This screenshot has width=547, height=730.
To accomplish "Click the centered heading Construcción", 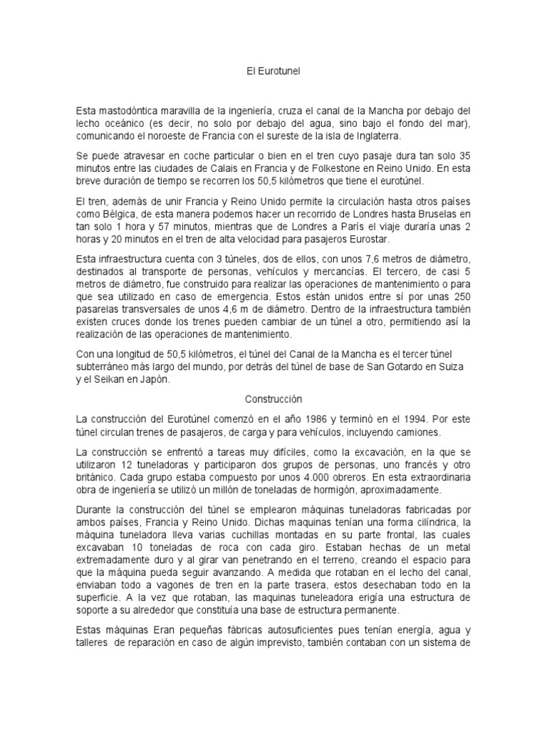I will coord(273,400).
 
